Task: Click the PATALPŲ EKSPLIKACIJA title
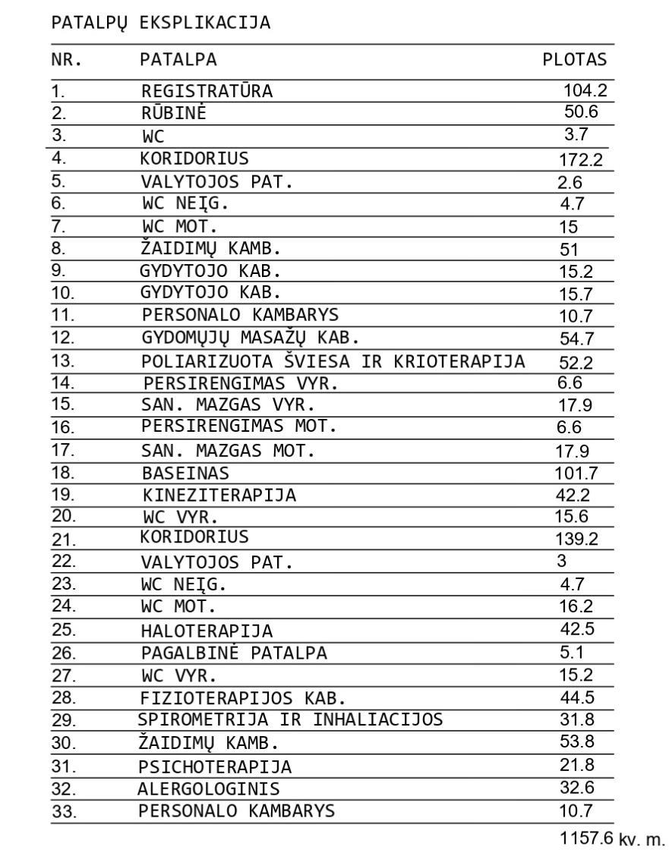[160, 23]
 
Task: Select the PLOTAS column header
[574, 60]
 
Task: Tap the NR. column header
[66, 60]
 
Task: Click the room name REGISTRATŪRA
[207, 92]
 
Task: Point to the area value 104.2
[585, 91]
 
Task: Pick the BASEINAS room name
[185, 474]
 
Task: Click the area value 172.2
[585, 159]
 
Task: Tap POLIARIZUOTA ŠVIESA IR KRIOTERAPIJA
[333, 362]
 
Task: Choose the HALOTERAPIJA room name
[207, 631]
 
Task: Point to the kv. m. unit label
[642, 840]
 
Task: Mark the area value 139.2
[577, 540]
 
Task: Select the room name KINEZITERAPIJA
[219, 496]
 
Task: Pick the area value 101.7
[577, 474]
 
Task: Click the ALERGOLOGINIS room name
[208, 788]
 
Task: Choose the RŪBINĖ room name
[174, 114]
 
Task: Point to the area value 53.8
[576, 741]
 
